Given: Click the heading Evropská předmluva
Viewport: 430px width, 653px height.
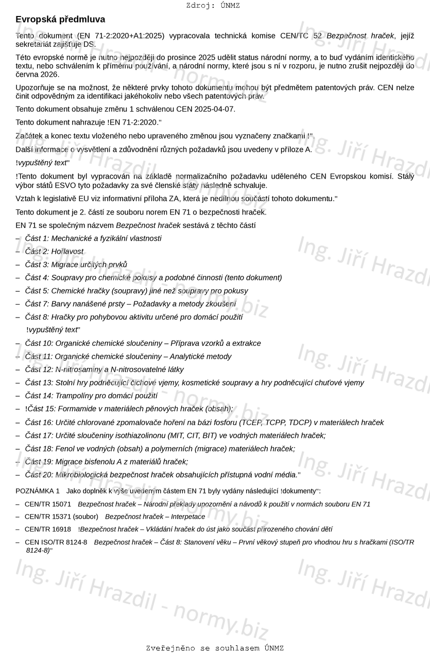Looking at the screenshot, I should tap(60, 20).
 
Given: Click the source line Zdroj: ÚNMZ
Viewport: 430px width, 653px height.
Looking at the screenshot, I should tap(213, 6).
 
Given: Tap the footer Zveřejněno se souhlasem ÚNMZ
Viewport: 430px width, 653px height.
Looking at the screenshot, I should tap(214, 648).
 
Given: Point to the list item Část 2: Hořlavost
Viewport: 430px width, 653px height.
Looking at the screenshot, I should tap(54, 252).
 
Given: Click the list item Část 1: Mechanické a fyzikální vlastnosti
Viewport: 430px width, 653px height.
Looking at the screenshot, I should tap(93, 238).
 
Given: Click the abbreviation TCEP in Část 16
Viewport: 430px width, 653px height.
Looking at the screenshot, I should tap(251, 422).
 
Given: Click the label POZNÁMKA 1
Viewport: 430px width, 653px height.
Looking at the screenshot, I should tap(38, 491).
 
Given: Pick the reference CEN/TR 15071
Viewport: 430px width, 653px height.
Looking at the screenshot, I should tap(48, 504).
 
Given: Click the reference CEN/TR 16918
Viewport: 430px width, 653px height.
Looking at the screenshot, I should tap(48, 529).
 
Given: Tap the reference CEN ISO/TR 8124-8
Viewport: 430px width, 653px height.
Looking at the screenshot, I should tap(56, 542).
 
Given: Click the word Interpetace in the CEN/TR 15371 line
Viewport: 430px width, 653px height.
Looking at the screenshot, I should tap(187, 517).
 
